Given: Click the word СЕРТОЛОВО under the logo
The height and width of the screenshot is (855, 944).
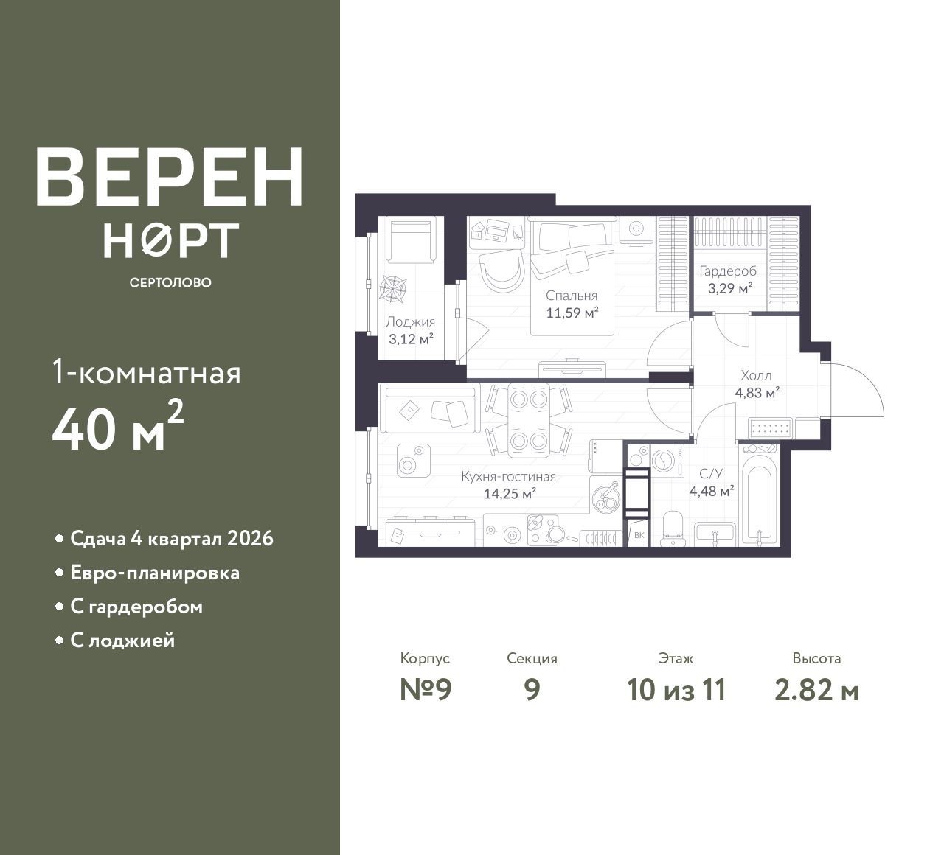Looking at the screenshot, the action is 170,282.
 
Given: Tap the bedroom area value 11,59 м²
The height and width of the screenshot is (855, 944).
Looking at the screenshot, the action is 572,313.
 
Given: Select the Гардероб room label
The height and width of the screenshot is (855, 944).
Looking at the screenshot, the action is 728,271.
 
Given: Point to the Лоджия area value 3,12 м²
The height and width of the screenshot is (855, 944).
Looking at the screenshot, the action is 411,339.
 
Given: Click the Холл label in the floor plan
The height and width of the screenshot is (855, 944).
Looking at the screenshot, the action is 756,375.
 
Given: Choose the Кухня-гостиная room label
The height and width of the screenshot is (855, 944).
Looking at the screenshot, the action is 508,476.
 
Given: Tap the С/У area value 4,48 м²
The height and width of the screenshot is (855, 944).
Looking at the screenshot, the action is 712,492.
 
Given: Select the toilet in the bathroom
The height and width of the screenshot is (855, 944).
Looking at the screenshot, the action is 672,529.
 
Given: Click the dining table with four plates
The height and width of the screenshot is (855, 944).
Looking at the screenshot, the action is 529,420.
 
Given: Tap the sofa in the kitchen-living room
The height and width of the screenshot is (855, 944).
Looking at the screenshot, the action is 430,409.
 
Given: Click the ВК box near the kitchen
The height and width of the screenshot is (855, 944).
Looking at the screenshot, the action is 639,534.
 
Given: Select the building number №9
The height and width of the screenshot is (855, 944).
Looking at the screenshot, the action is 426,690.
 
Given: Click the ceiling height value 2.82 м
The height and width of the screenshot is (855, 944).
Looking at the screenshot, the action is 816,691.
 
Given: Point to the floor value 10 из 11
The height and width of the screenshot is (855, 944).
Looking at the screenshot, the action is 676,690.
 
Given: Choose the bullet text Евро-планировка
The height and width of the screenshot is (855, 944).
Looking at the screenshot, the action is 155,573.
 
